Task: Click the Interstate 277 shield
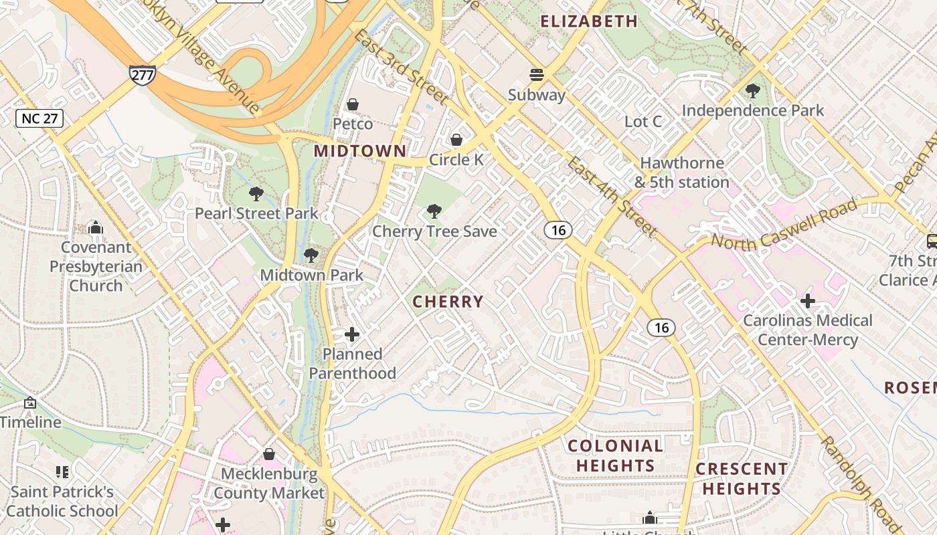[x=142, y=75]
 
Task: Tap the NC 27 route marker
[x=39, y=118]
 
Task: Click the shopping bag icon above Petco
[x=353, y=104]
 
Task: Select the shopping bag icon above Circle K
[x=456, y=140]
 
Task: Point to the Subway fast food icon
[x=537, y=74]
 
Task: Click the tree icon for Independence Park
[x=753, y=90]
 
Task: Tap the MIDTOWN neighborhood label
[x=360, y=151]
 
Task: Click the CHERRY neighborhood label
[x=448, y=302]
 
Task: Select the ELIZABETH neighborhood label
[x=589, y=21]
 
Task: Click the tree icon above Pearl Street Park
[x=256, y=194]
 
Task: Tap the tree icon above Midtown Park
[x=311, y=255]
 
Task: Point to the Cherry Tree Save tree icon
[x=434, y=211]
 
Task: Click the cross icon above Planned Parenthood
[x=352, y=334]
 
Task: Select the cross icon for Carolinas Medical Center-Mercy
[x=808, y=300]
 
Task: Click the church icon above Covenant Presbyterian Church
[x=96, y=227]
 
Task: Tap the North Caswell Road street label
[x=784, y=225]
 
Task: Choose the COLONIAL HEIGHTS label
[x=615, y=455]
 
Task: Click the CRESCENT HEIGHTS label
[x=742, y=479]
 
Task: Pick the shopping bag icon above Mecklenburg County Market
[x=269, y=454]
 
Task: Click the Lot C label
[x=643, y=122]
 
